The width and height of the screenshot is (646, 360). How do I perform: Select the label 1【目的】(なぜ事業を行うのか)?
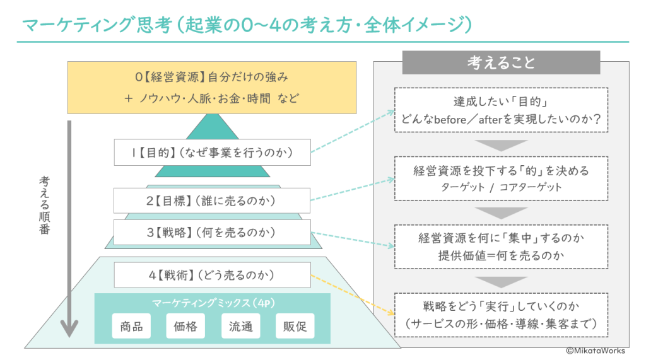[212, 152]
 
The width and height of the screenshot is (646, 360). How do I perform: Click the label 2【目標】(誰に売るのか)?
[212, 200]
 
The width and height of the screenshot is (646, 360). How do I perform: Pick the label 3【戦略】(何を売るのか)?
[212, 232]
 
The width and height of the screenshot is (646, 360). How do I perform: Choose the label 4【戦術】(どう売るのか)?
[212, 275]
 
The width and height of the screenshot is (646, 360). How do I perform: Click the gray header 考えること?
[501, 62]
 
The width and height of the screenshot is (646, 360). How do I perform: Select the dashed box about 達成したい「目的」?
[501, 110]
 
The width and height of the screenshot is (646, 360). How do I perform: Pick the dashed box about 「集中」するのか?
[501, 247]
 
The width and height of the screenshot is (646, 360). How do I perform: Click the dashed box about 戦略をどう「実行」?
[501, 315]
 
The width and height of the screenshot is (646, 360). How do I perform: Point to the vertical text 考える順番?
[43, 205]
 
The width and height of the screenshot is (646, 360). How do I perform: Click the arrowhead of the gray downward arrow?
[69, 328]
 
